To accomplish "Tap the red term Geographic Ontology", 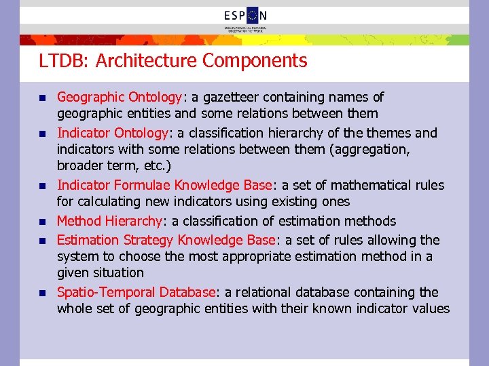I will (x=119, y=98).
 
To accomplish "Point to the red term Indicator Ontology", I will (x=112, y=133).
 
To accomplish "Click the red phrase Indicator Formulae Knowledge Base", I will (x=164, y=185).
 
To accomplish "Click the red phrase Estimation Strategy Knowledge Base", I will (x=166, y=240).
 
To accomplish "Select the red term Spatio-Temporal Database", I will (x=136, y=292).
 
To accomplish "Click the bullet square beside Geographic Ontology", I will (x=41, y=98).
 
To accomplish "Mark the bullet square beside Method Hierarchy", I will (x=41, y=222).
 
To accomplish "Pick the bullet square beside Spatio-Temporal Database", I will (x=41, y=293).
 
